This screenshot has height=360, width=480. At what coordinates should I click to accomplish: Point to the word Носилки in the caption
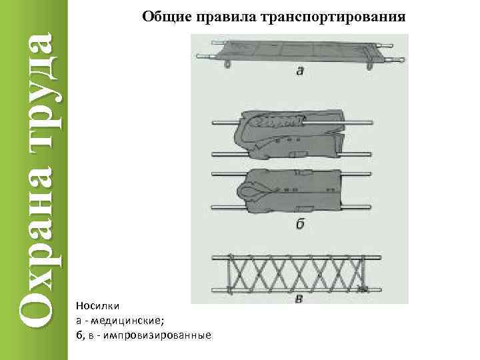[97, 306]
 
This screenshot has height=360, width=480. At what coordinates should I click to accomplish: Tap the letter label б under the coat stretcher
[301, 224]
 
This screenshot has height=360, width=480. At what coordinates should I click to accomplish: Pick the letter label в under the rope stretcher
[299, 299]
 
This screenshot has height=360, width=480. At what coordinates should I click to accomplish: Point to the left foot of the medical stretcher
[229, 64]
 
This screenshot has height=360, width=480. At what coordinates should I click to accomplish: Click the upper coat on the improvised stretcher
[290, 133]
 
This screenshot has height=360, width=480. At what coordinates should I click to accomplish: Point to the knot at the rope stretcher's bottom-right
[363, 289]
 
